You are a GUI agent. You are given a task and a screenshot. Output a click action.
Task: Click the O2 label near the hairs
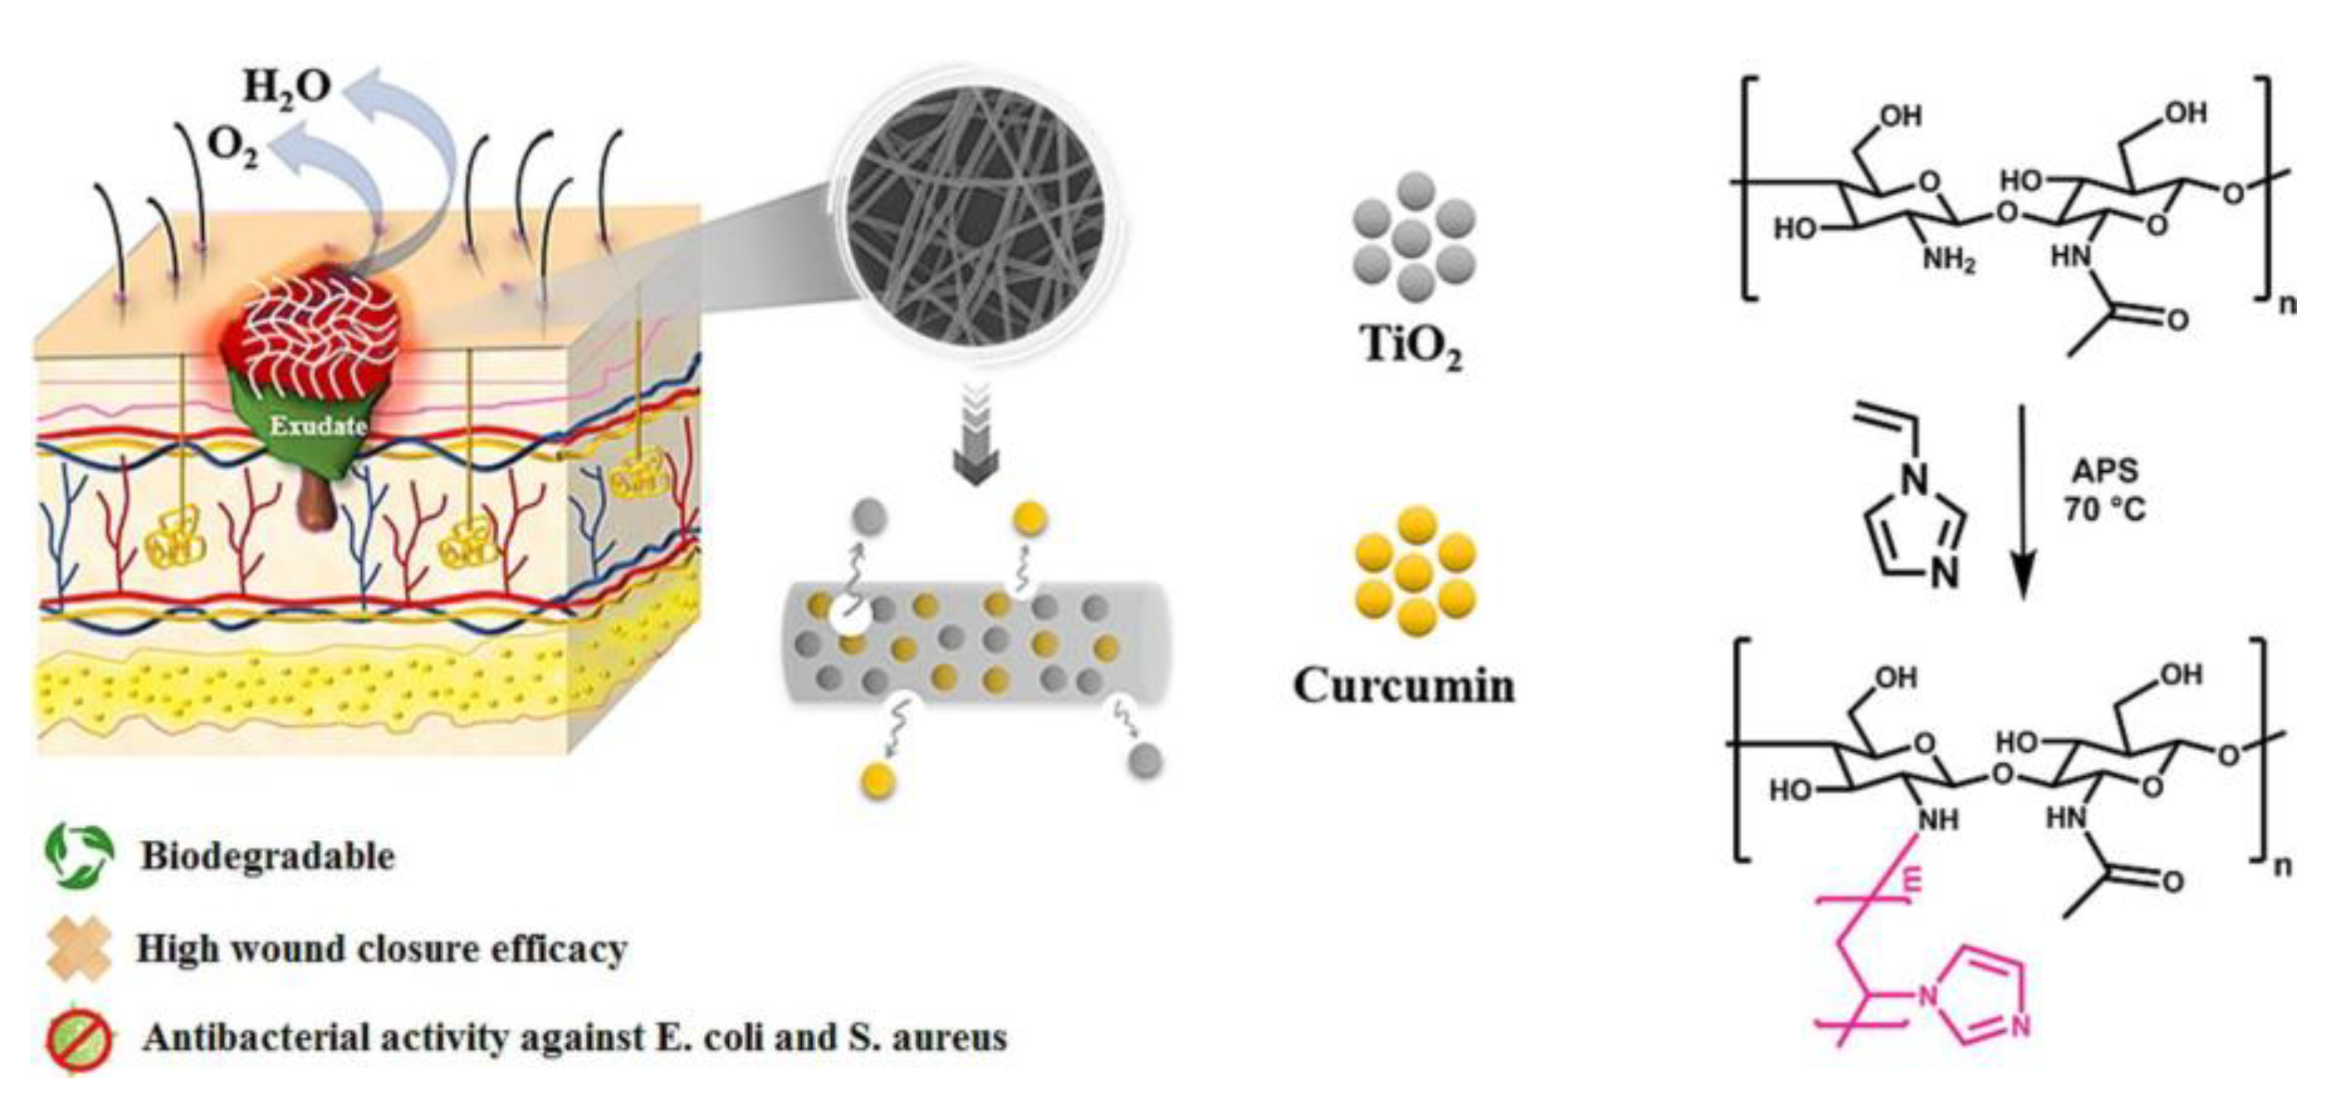point(232,148)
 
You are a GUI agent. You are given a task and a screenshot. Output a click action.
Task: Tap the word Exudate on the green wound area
point(318,425)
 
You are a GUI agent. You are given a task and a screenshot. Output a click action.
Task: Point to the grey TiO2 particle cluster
point(1414,239)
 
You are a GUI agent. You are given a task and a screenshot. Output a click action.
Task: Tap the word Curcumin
point(1404,686)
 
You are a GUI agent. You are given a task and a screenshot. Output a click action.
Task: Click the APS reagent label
point(2105,470)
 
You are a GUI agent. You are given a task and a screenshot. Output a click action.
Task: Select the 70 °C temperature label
point(2105,510)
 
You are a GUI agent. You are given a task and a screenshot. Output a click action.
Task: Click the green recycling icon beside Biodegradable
point(80,855)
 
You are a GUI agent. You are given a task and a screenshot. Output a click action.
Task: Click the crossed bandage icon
point(80,949)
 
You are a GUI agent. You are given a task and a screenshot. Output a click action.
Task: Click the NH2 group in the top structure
point(1949,262)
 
